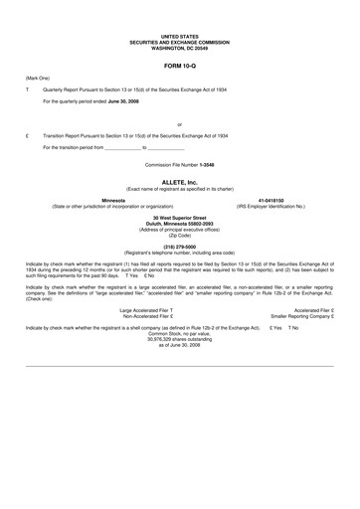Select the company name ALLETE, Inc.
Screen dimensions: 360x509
coord(180,183)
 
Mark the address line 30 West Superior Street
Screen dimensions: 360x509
coord(180,217)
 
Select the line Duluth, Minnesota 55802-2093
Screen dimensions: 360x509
coord(180,223)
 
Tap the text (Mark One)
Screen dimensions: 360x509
coord(38,77)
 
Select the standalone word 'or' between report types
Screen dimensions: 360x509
coord(179,124)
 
